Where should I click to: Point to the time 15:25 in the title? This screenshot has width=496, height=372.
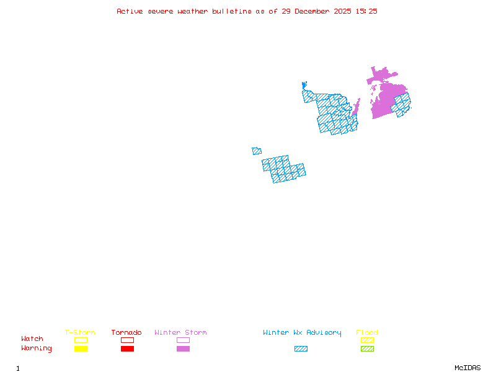tap(366, 11)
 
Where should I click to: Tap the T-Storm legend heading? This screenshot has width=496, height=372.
tap(80, 333)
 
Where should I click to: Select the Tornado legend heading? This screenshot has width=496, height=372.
tap(126, 333)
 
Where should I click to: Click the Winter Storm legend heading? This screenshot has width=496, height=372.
tap(180, 333)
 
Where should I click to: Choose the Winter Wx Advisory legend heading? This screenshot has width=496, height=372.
tap(302, 333)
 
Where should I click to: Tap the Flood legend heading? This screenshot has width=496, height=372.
tap(367, 333)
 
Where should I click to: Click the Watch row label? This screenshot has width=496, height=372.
tap(32, 339)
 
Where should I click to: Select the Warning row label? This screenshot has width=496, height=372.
tap(37, 348)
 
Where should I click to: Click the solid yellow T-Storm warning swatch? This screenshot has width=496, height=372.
tap(81, 349)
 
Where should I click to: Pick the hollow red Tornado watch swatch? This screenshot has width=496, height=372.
tap(127, 340)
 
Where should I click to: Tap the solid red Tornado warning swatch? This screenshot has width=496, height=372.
tap(127, 349)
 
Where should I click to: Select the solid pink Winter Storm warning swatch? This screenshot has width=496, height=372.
tap(183, 349)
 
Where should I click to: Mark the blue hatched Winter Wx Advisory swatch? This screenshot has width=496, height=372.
tap(301, 349)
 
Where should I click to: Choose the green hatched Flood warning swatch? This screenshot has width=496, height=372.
tap(367, 349)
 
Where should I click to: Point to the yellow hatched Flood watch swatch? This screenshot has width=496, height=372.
tap(367, 340)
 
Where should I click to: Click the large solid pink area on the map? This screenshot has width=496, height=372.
tap(384, 99)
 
